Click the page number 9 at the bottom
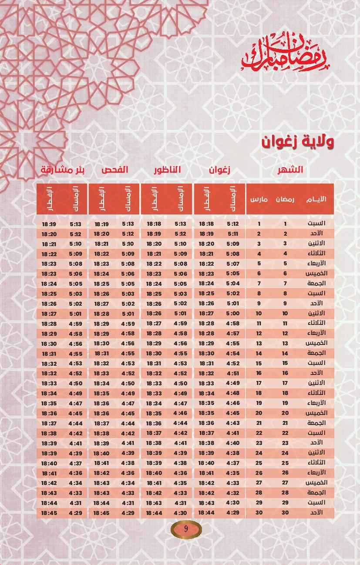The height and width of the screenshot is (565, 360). (x=186, y=529)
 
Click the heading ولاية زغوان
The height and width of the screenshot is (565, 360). (x=298, y=142)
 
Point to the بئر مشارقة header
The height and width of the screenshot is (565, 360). (x=63, y=170)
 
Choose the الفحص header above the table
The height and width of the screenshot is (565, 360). (x=115, y=170)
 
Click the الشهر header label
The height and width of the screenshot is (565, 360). (x=291, y=170)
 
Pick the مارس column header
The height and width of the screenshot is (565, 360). (x=259, y=200)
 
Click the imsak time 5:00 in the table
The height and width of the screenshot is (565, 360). (x=233, y=313)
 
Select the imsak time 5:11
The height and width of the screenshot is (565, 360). (x=233, y=234)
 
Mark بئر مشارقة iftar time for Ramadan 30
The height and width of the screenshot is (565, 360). (x=49, y=513)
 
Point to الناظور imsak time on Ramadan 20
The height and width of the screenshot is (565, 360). (x=180, y=413)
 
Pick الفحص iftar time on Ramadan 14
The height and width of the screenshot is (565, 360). (x=101, y=353)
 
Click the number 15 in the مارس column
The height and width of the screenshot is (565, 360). (x=259, y=363)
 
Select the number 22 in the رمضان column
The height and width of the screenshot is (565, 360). (x=285, y=433)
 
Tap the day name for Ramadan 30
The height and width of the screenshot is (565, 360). (x=317, y=513)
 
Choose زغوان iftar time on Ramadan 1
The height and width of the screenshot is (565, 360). (x=206, y=224)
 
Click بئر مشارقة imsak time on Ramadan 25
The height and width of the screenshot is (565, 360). (x=75, y=463)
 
